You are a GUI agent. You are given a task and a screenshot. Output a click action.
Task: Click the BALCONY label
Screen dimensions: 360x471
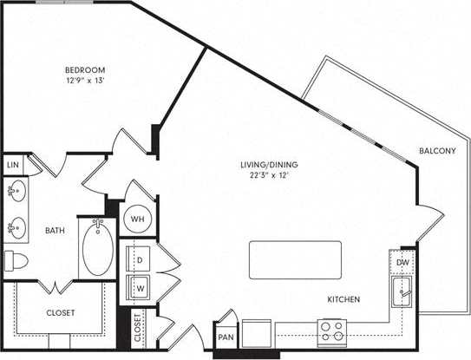[x=437, y=151]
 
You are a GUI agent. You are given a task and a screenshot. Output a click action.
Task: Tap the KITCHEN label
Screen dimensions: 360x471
[x=343, y=299]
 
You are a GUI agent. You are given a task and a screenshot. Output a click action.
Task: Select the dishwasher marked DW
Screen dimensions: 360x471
[x=402, y=262]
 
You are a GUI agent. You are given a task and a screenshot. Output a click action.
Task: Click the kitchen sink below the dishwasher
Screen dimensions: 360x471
[x=402, y=291]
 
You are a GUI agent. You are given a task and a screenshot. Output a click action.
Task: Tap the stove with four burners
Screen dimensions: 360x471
[x=332, y=331]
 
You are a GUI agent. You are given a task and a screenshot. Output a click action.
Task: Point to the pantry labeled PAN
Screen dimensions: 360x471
[x=226, y=337]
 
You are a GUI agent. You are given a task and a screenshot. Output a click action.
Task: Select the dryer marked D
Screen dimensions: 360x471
[x=139, y=258]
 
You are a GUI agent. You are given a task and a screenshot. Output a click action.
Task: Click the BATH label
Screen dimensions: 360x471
[x=56, y=231]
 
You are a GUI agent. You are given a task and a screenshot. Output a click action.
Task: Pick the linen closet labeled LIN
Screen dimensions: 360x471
[x=12, y=164]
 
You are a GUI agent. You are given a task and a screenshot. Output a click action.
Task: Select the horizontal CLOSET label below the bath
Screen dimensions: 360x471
[x=60, y=312]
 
